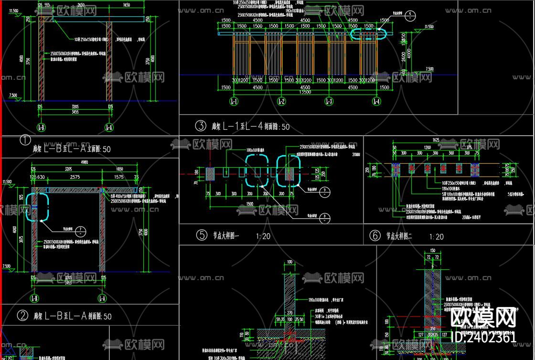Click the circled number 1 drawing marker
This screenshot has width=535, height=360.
click(x=25, y=140)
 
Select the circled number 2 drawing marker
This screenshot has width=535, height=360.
click(x=22, y=316)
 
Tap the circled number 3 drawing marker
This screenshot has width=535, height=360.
click(x=200, y=126)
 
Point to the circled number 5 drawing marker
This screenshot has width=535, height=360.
click(x=202, y=235)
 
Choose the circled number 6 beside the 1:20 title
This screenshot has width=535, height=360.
click(x=375, y=236)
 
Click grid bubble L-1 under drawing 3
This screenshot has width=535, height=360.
click(x=234, y=101)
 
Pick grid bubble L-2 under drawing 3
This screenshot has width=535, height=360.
click(x=281, y=101)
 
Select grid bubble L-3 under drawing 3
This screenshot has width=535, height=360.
click(x=329, y=101)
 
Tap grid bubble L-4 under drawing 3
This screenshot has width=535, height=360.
click(x=376, y=101)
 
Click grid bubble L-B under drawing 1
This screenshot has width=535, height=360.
click(x=41, y=127)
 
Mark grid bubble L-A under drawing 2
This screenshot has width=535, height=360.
click(x=102, y=299)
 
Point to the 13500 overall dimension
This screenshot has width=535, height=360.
click(x=305, y=93)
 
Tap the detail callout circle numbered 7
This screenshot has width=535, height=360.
click(x=81, y=231)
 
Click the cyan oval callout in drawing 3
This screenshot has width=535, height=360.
click(x=368, y=33)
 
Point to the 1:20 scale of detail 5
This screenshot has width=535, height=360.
click(x=263, y=236)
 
